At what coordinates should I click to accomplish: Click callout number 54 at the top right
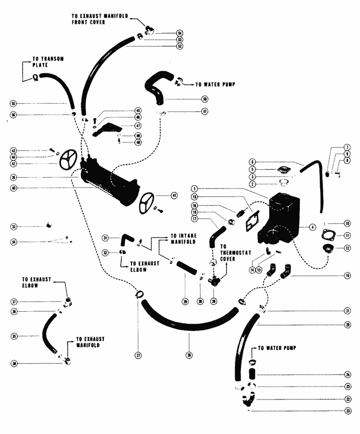(166, 33)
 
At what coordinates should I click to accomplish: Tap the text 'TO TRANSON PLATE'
(48, 61)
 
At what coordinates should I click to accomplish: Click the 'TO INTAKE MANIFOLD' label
(182, 239)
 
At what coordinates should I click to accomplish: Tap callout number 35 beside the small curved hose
(14, 336)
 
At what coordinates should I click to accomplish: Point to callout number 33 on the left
(14, 226)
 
